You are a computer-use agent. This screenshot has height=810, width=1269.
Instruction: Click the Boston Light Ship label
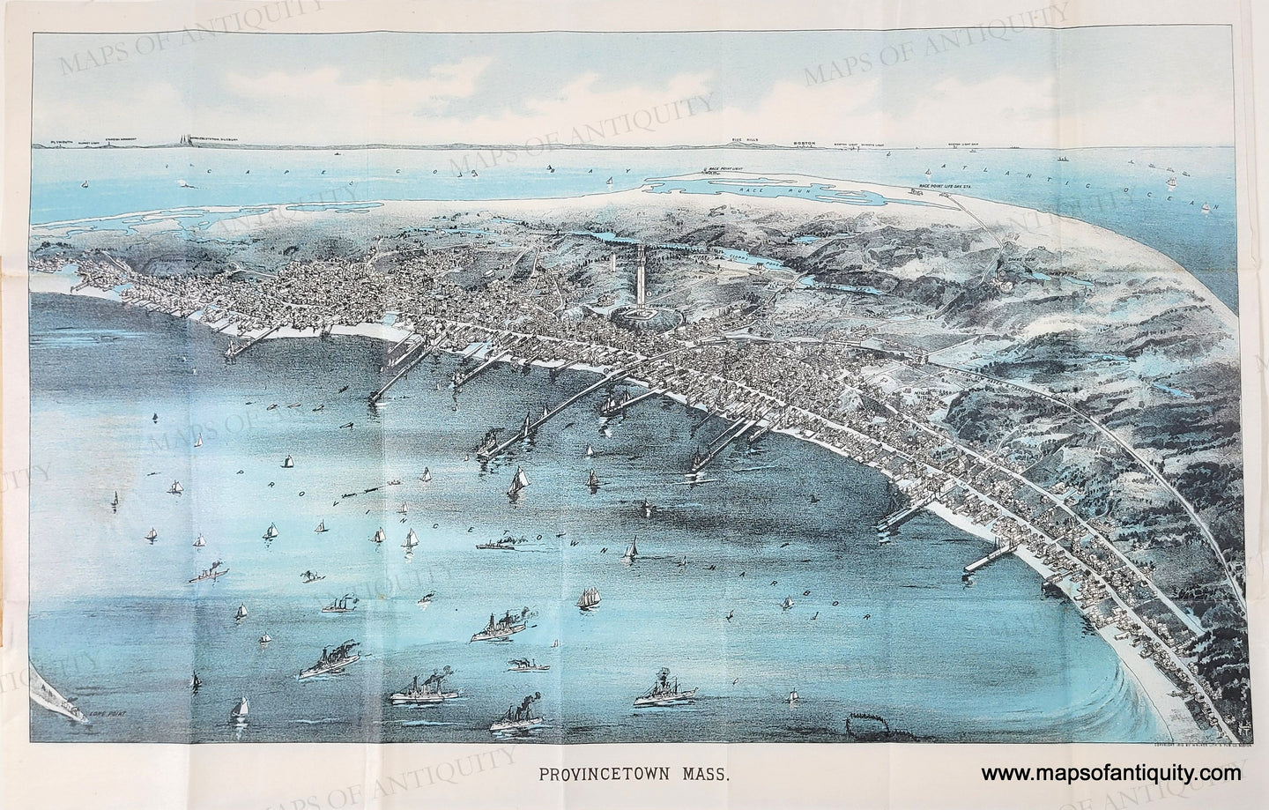[x=965, y=144]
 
